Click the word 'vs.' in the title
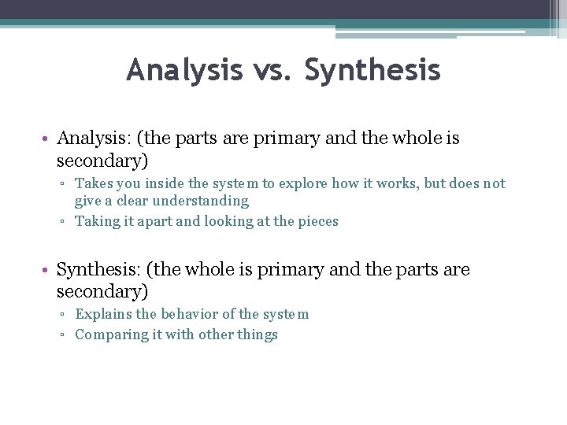(x=274, y=71)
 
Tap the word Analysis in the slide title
(x=184, y=71)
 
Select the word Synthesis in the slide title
(x=372, y=71)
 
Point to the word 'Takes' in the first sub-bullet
(x=94, y=183)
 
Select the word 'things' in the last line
(x=257, y=335)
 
